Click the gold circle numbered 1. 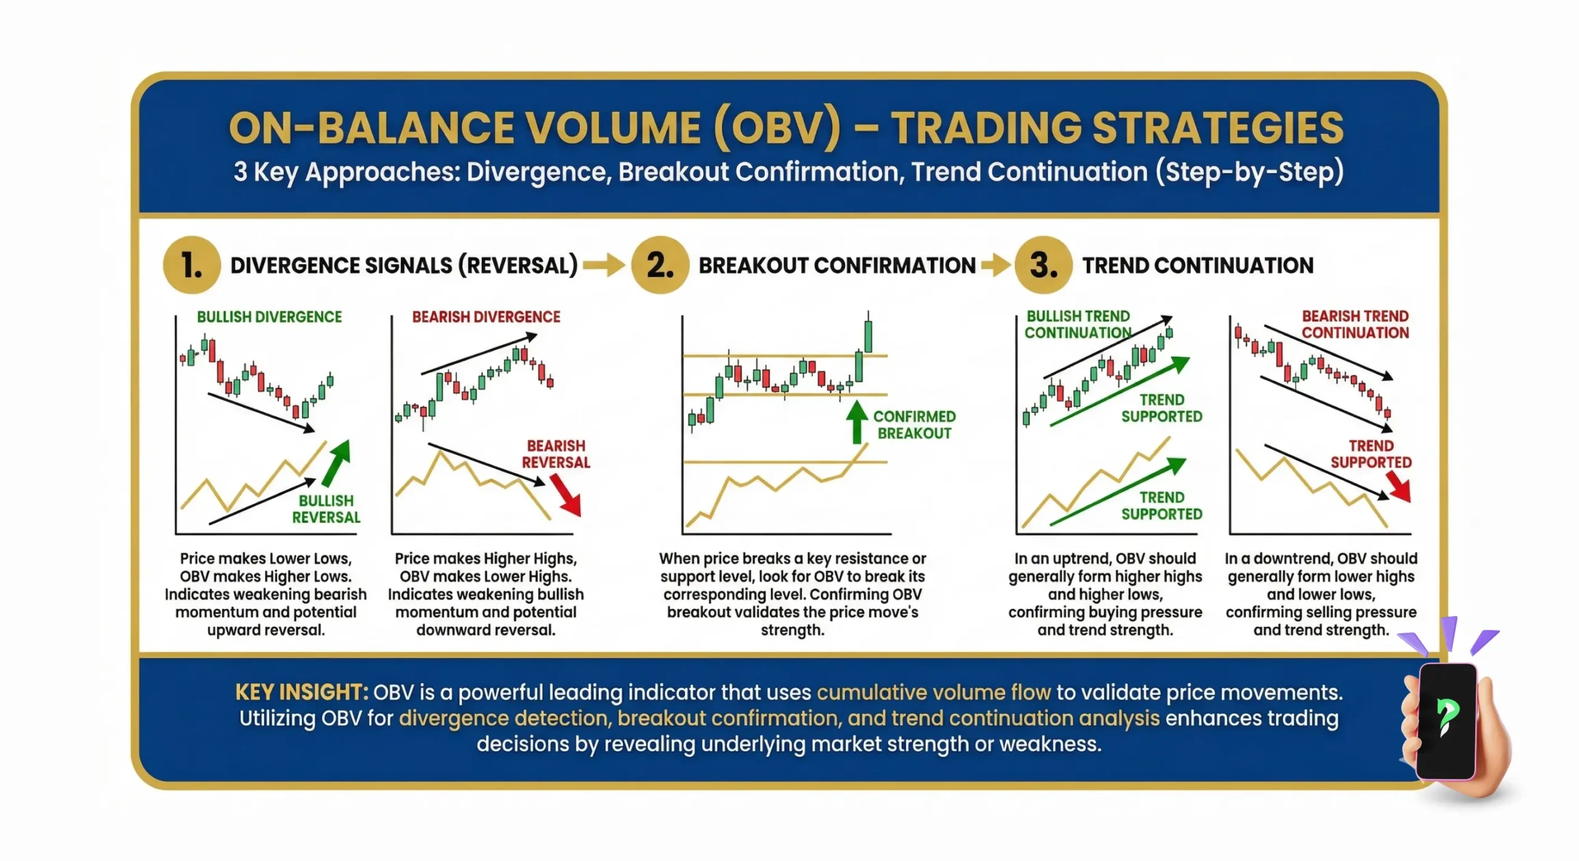pyautogui.click(x=192, y=265)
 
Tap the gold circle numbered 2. pyautogui.click(x=660, y=265)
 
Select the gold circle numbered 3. pyautogui.click(x=1044, y=265)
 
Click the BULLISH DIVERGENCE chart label pyautogui.click(x=269, y=317)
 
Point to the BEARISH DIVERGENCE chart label pyautogui.click(x=486, y=317)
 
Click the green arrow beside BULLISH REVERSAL pyautogui.click(x=337, y=463)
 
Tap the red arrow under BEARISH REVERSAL pyautogui.click(x=566, y=496)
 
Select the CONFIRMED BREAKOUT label pyautogui.click(x=915, y=425)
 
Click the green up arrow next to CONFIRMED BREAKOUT pyautogui.click(x=857, y=422)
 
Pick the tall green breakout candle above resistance pyautogui.click(x=868, y=336)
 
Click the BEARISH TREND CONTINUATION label pyautogui.click(x=1355, y=324)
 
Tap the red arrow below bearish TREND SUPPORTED pyautogui.click(x=1400, y=487)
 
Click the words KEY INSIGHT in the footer pyautogui.click(x=301, y=693)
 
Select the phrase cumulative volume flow pyautogui.click(x=933, y=693)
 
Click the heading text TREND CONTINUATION pyautogui.click(x=1198, y=265)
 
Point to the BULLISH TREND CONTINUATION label pyautogui.click(x=1078, y=324)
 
